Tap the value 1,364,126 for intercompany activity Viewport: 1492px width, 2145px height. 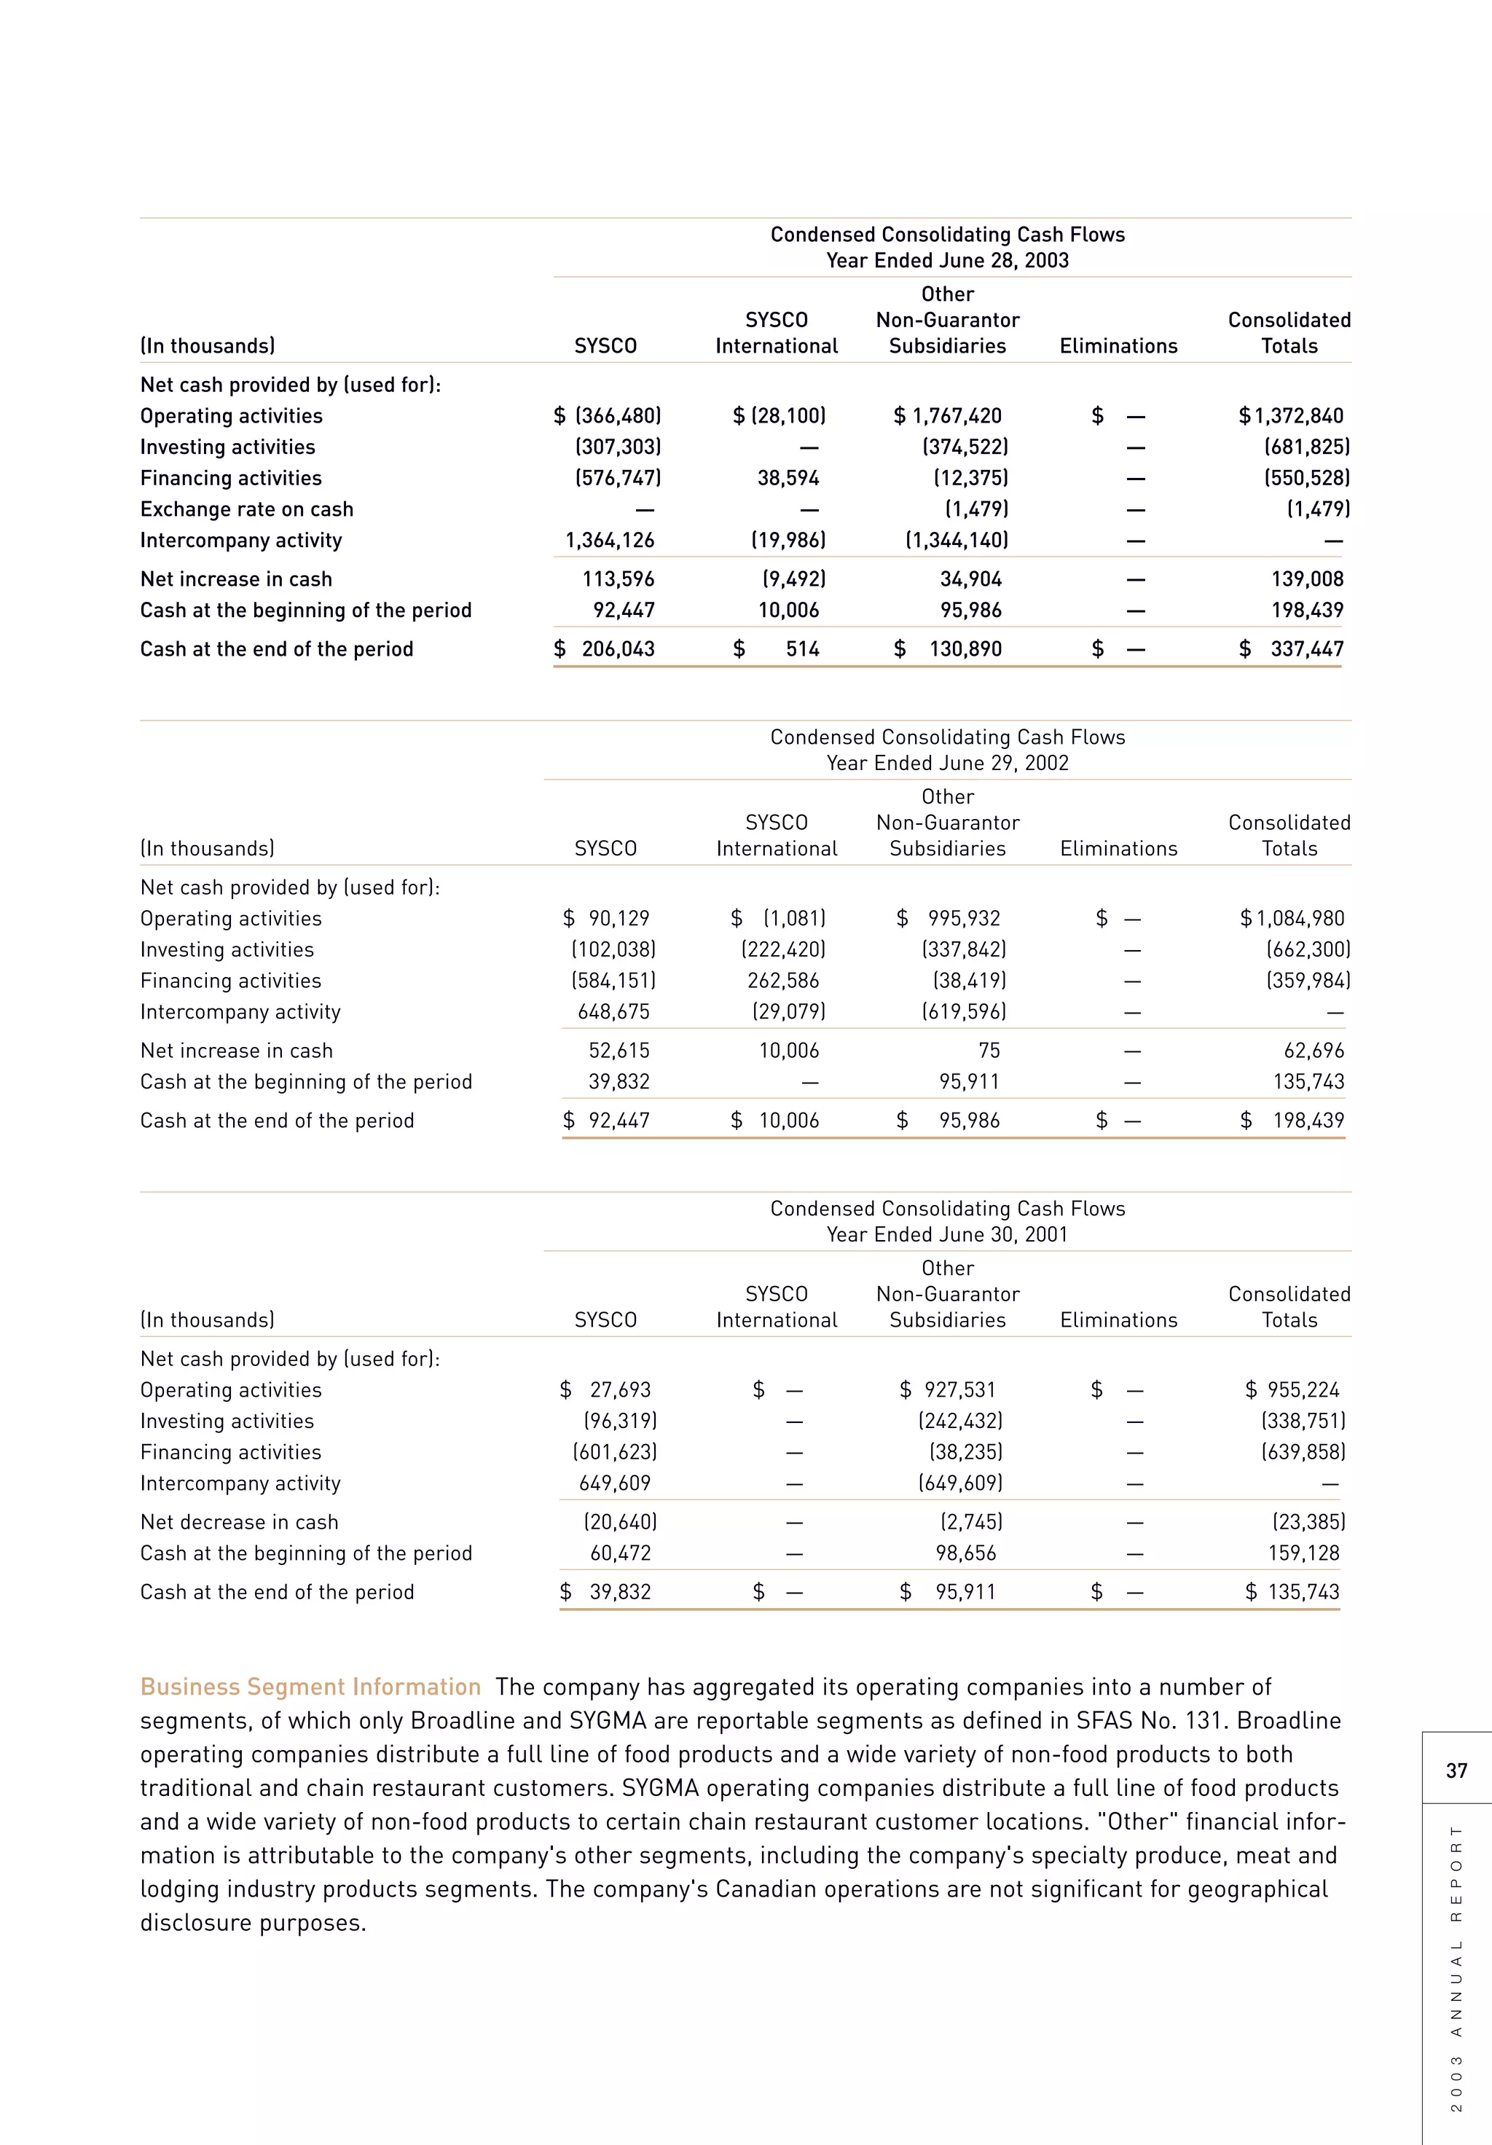coord(609,540)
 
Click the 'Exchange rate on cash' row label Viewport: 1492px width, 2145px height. coord(247,509)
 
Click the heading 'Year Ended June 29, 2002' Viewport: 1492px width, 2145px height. coord(947,764)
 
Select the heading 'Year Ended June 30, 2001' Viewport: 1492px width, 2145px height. coord(947,1234)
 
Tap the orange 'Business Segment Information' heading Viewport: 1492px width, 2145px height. coord(310,1686)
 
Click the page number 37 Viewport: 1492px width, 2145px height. coord(1456,1770)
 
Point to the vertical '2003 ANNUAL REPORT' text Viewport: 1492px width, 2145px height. coord(1456,1967)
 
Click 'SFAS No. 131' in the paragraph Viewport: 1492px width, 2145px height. coord(1155,1720)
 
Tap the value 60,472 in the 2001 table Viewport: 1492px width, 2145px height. coord(621,1553)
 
